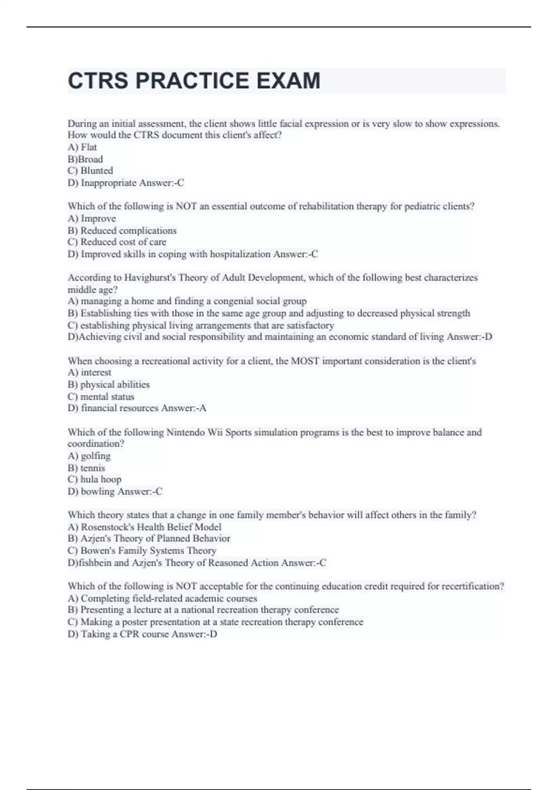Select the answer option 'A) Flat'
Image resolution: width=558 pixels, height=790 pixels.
click(82, 147)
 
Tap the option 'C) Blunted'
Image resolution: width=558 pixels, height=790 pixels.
click(90, 171)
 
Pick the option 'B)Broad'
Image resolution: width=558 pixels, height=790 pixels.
click(85, 159)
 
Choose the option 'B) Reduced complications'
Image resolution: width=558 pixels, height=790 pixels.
click(122, 230)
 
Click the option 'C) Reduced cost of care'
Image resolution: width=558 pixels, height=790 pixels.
click(117, 242)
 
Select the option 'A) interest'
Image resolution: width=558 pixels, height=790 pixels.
click(89, 372)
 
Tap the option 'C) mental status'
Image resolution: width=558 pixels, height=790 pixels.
click(101, 396)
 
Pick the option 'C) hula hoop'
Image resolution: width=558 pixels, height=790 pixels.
click(94, 479)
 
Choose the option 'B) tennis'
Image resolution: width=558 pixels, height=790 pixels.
click(86, 468)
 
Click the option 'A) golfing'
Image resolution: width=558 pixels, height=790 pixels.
click(89, 456)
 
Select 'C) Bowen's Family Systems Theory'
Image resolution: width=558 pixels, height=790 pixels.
click(142, 551)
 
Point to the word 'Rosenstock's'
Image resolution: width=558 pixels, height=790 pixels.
click(108, 527)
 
